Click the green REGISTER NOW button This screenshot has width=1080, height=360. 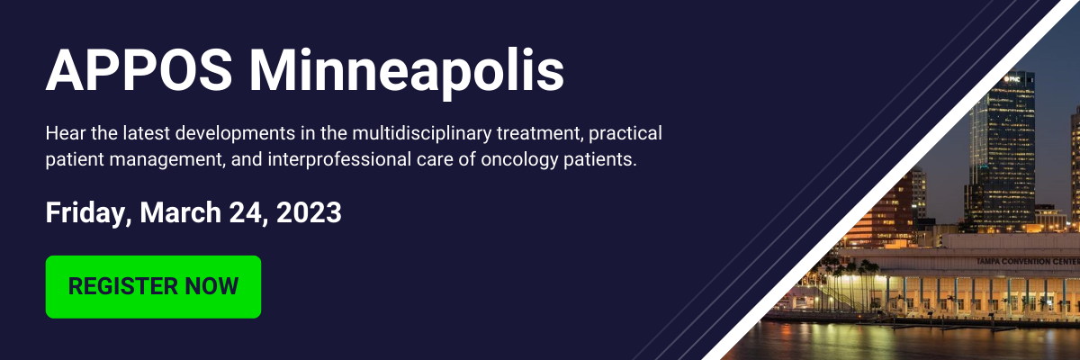(153, 287)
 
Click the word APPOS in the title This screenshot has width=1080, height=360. (139, 70)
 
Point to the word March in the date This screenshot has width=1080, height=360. (180, 212)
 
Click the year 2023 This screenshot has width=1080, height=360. (309, 212)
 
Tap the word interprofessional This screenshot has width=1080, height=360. (339, 159)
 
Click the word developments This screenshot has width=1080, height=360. (235, 134)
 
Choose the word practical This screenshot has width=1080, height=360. (625, 133)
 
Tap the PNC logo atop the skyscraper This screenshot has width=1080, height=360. (1012, 78)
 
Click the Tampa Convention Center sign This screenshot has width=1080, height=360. (1028, 262)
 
